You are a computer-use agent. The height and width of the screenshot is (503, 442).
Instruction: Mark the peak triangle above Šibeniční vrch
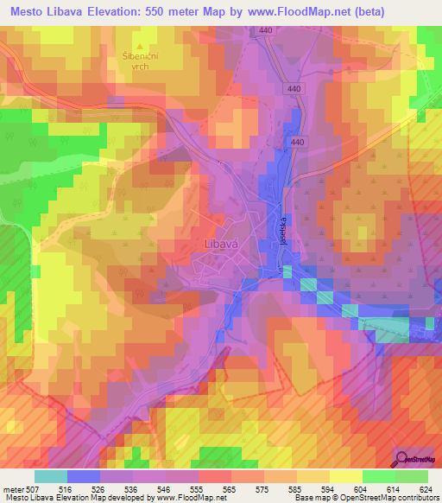pyautogui.click(x=140, y=44)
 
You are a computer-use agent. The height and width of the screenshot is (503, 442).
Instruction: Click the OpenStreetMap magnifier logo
pyautogui.click(x=401, y=458)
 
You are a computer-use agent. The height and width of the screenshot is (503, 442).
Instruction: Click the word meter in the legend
pyautogui.click(x=15, y=488)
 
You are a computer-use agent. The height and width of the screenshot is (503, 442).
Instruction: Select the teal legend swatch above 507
pyautogui.click(x=51, y=476)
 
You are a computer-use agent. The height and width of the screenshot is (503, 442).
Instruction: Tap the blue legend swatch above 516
pyautogui.click(x=84, y=476)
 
